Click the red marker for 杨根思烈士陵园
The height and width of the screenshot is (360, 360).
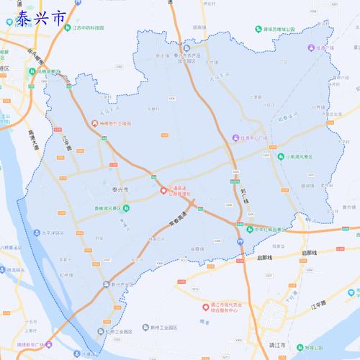pos(94,124)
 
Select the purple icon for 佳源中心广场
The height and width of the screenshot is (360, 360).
pos(235,138)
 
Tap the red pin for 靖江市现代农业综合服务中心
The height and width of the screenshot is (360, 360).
pos(203,306)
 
